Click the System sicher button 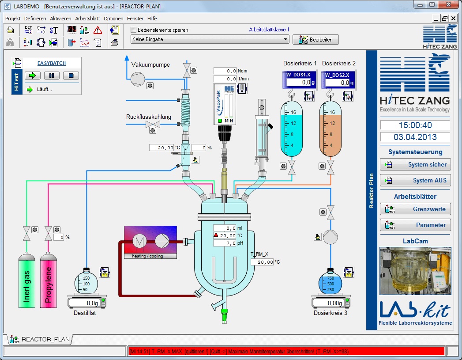coord(415,165)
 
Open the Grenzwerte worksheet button coord(415,209)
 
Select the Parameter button coord(415,225)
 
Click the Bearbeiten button coord(316,39)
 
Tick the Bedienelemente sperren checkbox coord(134,30)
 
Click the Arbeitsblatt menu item coord(87,19)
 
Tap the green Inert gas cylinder coord(26,281)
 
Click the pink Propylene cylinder coord(49,281)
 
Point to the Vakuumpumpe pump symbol coord(138,78)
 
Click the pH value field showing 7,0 coord(225,243)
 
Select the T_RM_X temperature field coord(262,262)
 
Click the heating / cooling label coord(150,256)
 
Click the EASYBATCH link coord(52,63)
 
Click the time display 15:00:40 coord(415,125)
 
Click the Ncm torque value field coord(225,71)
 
